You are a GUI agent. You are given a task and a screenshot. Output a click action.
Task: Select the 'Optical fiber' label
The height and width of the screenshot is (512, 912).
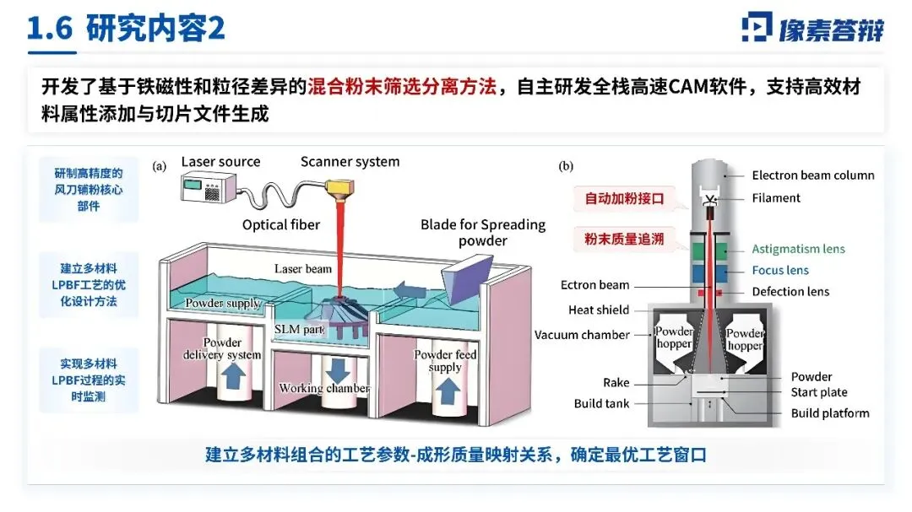[x=281, y=224]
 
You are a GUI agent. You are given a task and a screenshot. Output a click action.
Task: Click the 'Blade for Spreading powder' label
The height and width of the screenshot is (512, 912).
[x=483, y=233]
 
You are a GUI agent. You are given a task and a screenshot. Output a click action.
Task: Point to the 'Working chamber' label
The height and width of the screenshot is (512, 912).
[x=324, y=388]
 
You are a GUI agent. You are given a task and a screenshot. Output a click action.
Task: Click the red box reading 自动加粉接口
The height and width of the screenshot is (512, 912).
[x=624, y=200]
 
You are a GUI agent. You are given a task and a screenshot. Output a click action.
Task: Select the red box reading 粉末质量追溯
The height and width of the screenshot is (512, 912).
[x=624, y=239]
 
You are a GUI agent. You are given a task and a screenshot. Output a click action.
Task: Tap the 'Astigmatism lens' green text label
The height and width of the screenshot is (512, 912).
[x=798, y=249]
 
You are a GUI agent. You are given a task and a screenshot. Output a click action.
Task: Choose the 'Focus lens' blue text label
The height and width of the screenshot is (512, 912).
[x=780, y=270]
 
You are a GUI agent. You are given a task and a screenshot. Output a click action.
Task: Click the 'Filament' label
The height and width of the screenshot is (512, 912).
[x=776, y=197]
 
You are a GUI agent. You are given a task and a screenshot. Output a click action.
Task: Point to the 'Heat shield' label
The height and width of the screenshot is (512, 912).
[x=600, y=310]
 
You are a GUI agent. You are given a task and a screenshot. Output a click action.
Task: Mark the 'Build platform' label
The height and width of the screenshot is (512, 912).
[x=830, y=412]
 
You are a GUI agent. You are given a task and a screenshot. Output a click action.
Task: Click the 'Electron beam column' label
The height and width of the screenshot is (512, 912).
[x=813, y=175]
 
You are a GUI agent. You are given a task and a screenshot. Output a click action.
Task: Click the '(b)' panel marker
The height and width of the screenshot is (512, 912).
[x=566, y=166]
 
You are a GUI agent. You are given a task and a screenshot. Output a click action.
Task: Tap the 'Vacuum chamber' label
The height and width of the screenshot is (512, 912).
[x=582, y=335]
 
